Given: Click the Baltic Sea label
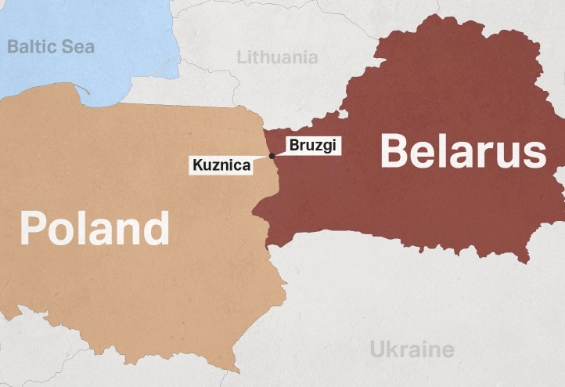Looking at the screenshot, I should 51,46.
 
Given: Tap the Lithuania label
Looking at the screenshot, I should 278,57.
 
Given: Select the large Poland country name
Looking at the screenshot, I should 94,229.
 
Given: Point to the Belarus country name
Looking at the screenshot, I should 462,151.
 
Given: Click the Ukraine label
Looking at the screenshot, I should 412,349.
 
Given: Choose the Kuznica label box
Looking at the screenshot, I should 221,165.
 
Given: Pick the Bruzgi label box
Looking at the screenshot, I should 314,145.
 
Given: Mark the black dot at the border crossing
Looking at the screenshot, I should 272,156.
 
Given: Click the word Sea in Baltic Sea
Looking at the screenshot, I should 77,46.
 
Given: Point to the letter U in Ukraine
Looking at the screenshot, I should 377,349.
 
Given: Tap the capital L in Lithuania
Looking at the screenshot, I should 241,57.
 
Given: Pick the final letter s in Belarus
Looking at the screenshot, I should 534,153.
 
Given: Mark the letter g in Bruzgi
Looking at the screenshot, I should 329,146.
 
